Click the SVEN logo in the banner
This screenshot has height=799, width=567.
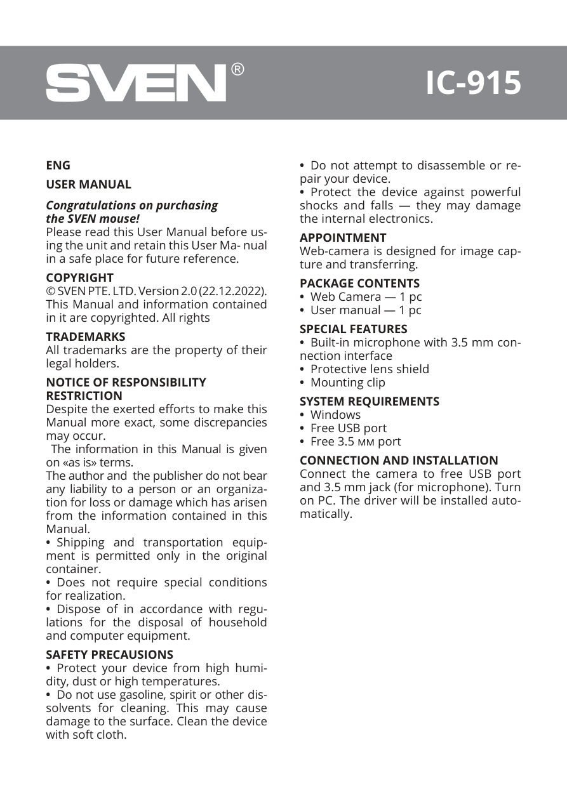135,83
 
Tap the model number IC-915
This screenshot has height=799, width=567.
473,83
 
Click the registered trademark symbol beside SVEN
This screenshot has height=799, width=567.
237,69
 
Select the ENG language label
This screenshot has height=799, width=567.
58,165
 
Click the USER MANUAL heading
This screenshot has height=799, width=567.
88,185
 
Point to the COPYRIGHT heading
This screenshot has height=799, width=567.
79,277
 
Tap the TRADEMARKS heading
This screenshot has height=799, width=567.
85,336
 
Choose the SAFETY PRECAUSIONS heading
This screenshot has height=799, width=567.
109,654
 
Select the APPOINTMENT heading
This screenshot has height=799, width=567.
343,237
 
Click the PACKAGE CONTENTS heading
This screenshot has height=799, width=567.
359,283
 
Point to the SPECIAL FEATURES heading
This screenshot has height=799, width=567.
353,329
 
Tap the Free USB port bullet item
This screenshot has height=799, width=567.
348,428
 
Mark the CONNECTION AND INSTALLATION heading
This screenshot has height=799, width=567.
399,460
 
